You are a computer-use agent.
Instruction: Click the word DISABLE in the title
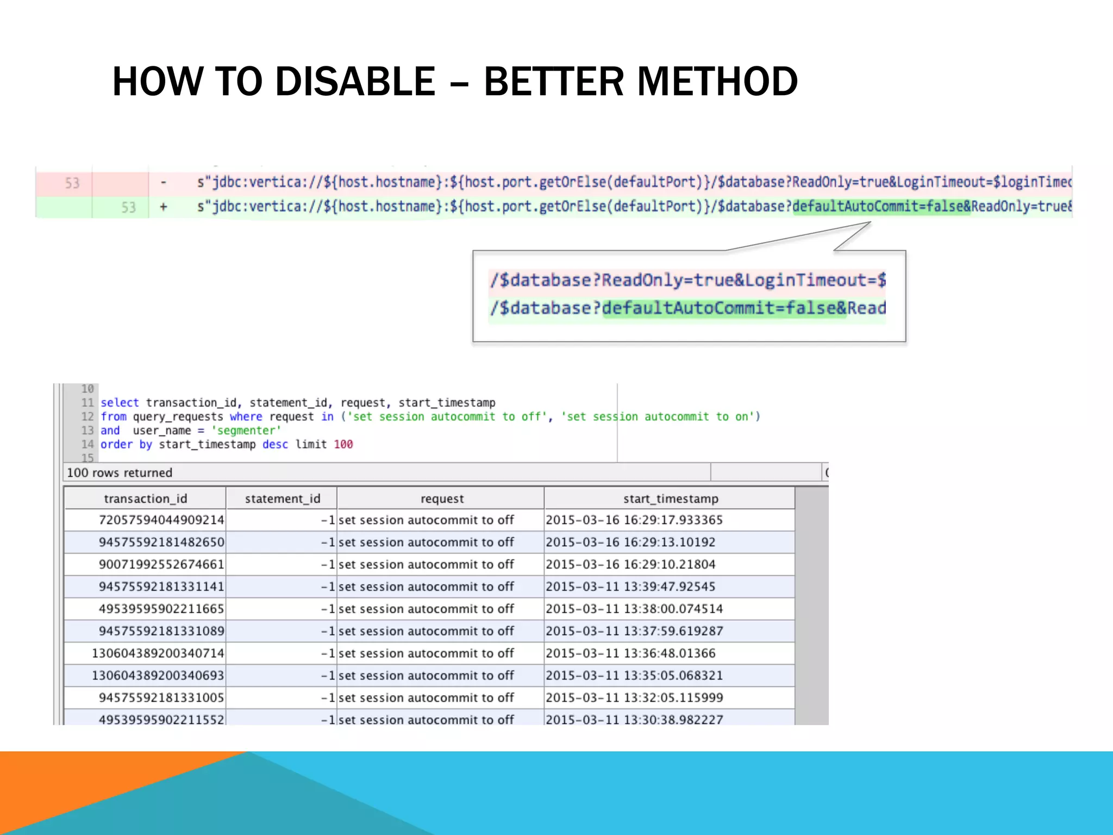pos(355,82)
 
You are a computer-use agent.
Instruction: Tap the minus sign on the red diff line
pos(163,182)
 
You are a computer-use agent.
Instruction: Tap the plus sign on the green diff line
pos(163,207)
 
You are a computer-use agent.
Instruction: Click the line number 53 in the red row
pos(72,183)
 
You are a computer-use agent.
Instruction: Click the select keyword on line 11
pos(120,403)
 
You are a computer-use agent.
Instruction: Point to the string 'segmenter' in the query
pos(246,431)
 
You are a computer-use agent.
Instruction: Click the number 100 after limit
pos(343,444)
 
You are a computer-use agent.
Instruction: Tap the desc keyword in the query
pos(275,444)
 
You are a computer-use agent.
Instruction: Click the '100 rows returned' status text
pos(120,472)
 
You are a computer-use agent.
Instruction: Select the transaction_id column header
pos(145,498)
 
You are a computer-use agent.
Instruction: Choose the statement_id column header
pos(283,498)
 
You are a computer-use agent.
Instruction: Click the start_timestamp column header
pos(670,498)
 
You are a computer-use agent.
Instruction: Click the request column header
pos(442,498)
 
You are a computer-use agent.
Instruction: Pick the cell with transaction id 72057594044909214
pos(161,520)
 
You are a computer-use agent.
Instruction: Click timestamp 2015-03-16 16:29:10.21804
pos(630,564)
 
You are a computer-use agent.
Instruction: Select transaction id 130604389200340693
pos(158,675)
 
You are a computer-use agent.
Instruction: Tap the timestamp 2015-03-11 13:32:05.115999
pos(634,697)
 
